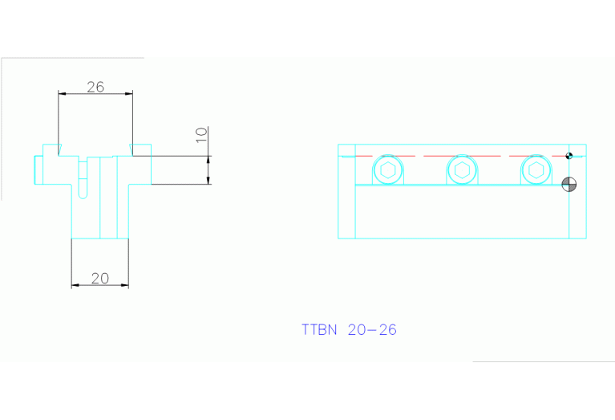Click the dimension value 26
(x=95, y=87)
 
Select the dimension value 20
(x=99, y=279)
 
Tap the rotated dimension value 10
(x=202, y=135)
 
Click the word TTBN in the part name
(x=319, y=329)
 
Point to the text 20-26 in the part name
(x=372, y=329)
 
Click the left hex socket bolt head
(x=387, y=170)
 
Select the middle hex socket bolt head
(x=461, y=170)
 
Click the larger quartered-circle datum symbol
(x=569, y=184)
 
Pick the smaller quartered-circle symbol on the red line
(x=569, y=156)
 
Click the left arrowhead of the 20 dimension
(x=75, y=285)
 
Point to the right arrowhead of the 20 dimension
(x=125, y=285)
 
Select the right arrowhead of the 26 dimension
(x=130, y=94)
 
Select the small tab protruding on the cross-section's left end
(x=38, y=169)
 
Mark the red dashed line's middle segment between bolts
(x=424, y=156)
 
